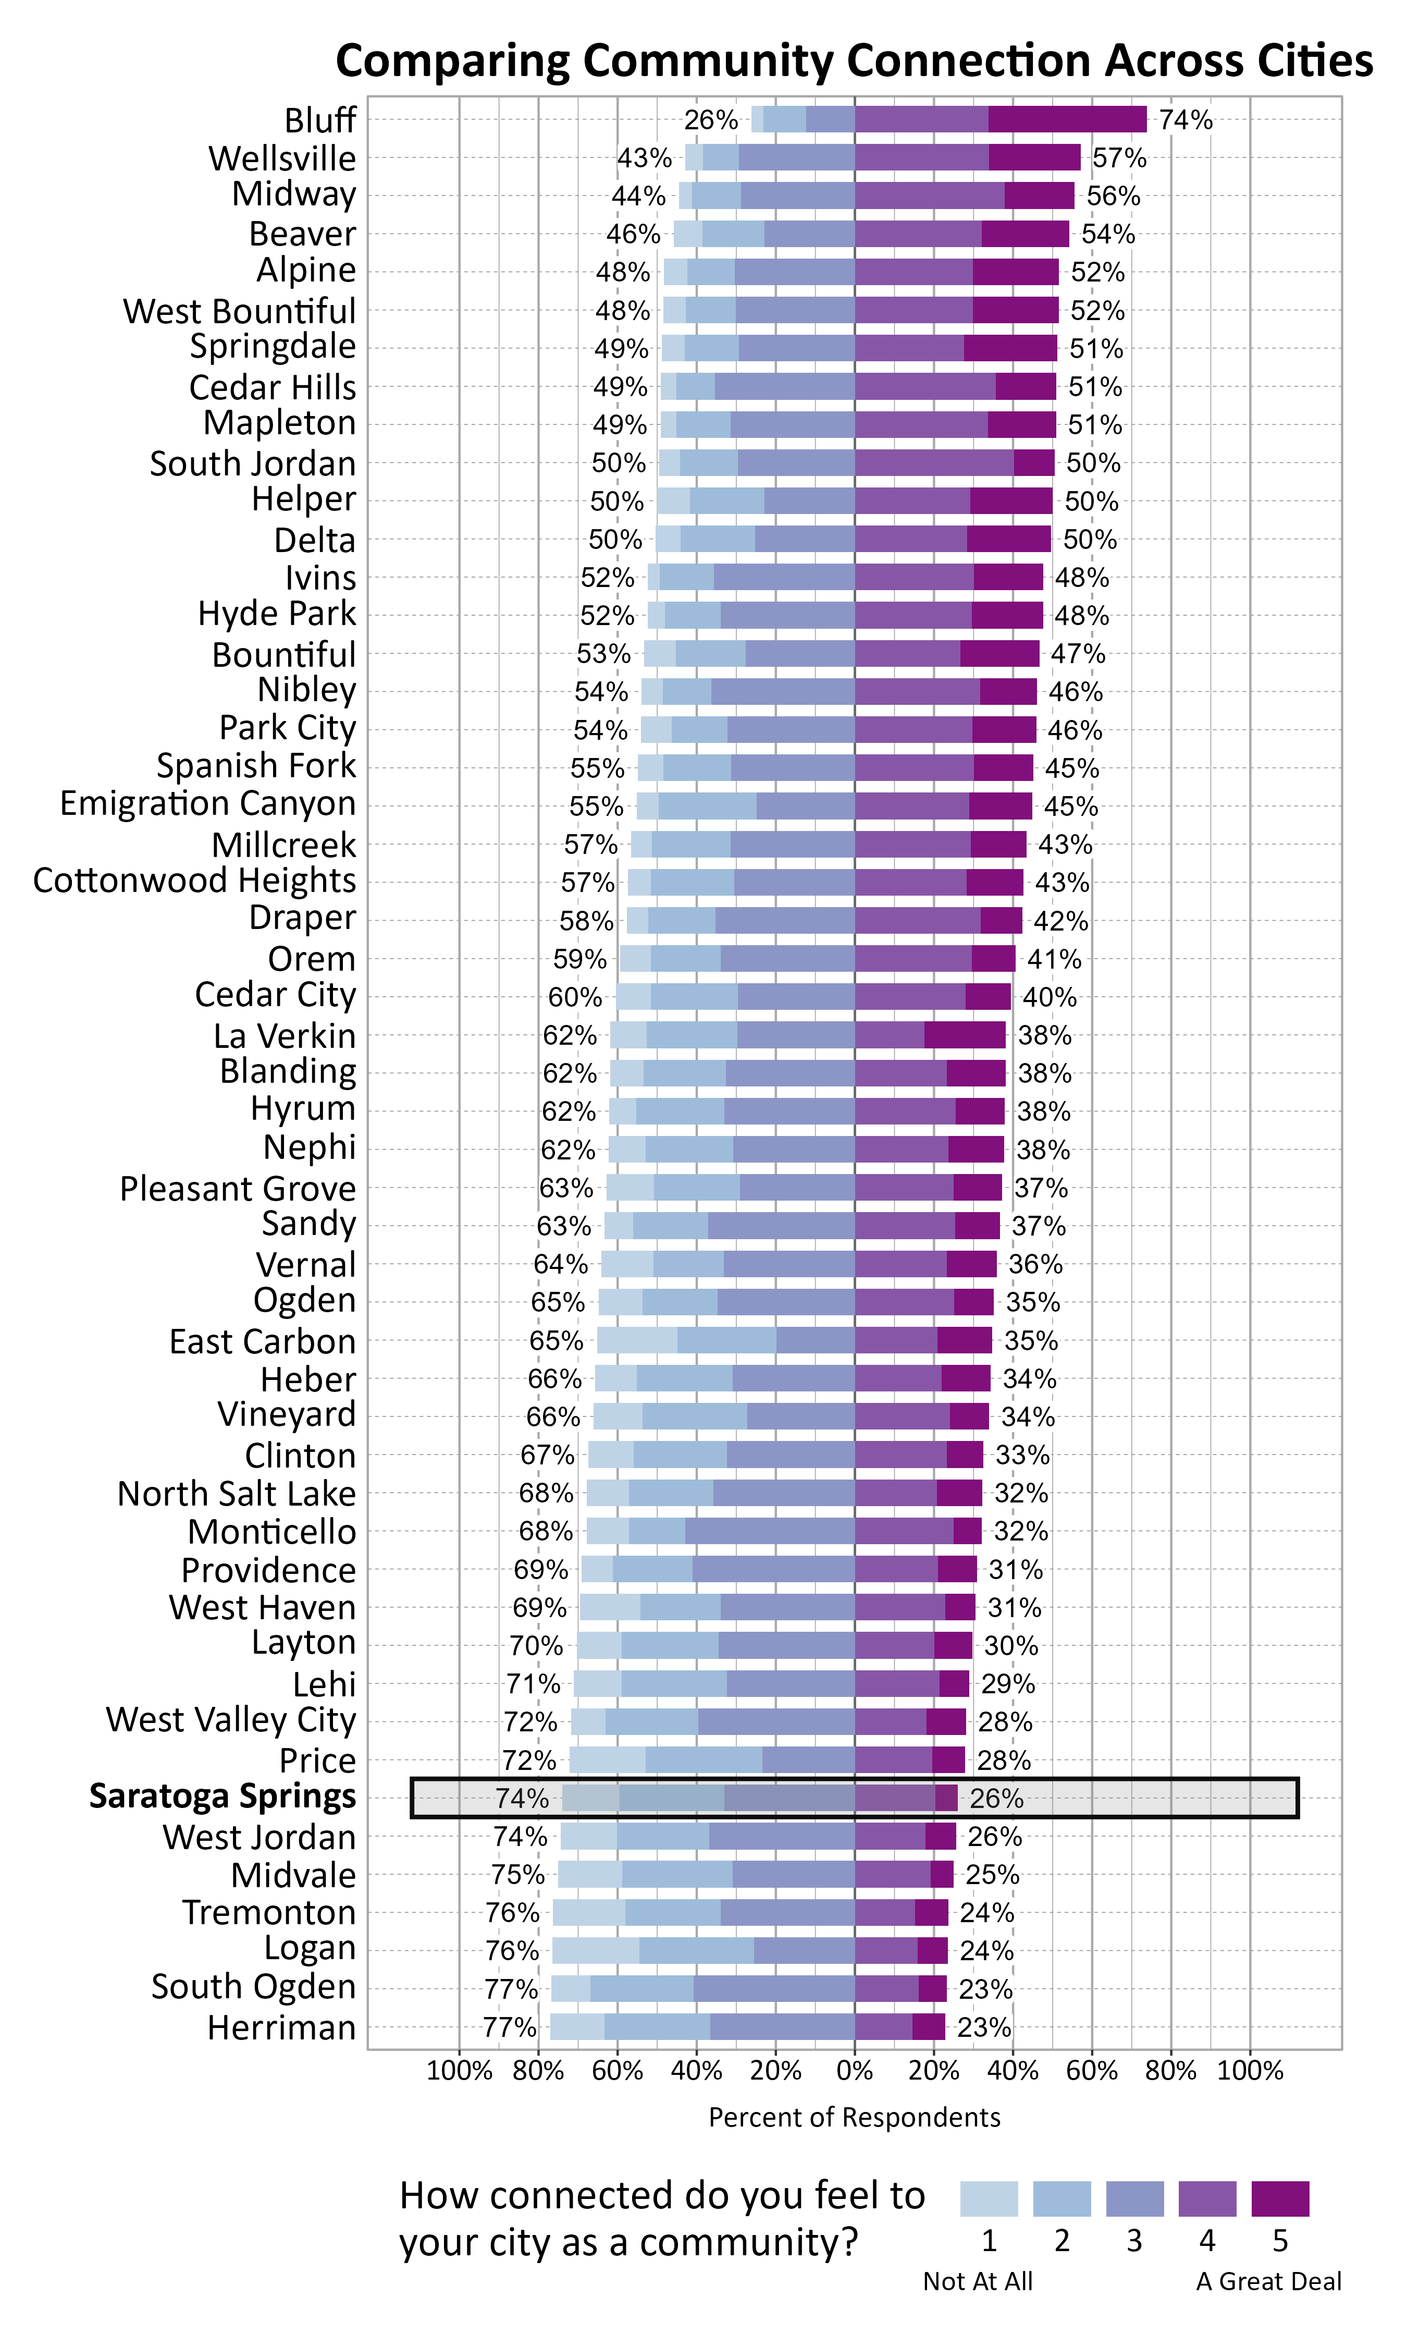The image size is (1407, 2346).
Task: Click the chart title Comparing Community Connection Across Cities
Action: tap(853, 60)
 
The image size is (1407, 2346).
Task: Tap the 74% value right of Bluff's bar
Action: tap(1185, 120)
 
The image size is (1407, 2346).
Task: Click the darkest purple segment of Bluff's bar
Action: tap(1067, 119)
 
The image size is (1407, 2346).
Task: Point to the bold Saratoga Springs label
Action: tap(223, 1796)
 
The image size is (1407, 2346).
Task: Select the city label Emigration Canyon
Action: tap(207, 803)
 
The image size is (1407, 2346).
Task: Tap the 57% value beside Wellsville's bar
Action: tap(1119, 158)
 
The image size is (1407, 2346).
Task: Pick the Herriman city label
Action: tap(281, 2027)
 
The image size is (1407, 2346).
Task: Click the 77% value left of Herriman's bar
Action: tap(509, 2027)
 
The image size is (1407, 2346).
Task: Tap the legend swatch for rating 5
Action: tap(1280, 2198)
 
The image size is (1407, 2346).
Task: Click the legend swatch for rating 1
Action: tap(989, 2198)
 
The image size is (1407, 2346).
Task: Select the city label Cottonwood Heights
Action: tap(194, 880)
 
